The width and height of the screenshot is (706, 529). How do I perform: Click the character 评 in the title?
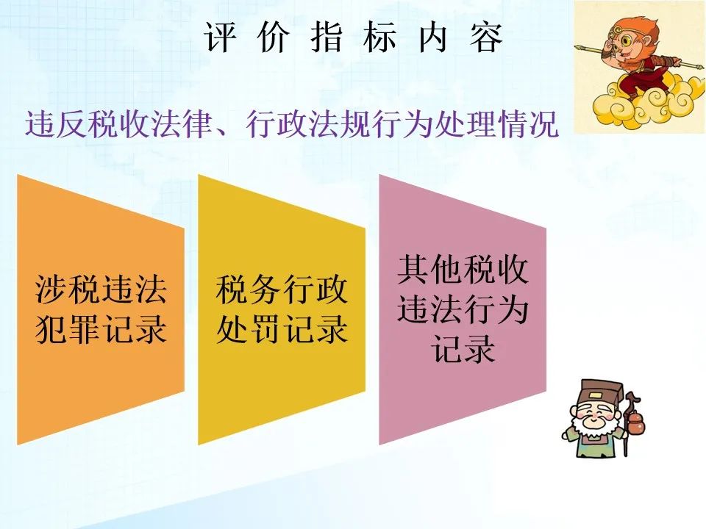tap(220, 37)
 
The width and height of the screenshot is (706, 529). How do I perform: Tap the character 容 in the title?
tap(486, 37)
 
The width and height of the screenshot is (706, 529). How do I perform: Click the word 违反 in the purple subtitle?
tap(57, 123)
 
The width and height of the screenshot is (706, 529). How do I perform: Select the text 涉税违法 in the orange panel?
tap(101, 289)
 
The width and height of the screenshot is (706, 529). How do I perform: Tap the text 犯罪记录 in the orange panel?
tap(101, 329)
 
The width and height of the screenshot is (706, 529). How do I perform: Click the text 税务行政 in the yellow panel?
tap(282, 289)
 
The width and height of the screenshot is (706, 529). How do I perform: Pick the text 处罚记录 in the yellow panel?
tap(282, 329)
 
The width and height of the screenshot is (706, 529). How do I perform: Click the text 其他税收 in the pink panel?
tap(463, 270)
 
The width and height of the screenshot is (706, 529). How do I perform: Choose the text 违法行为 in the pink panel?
tap(463, 309)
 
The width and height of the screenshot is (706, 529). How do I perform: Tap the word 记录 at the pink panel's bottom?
tap(463, 348)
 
